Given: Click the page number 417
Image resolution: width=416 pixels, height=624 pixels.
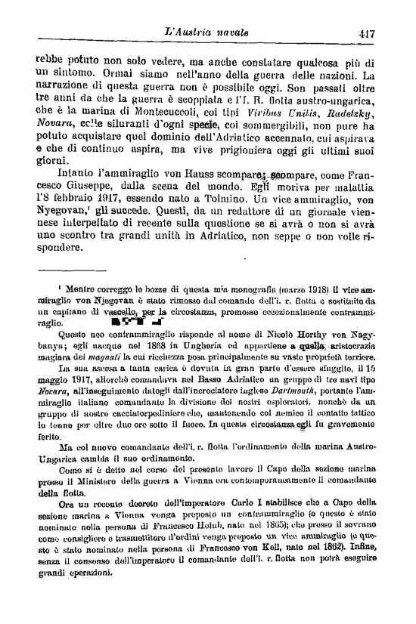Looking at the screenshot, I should pyautogui.click(x=368, y=32).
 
